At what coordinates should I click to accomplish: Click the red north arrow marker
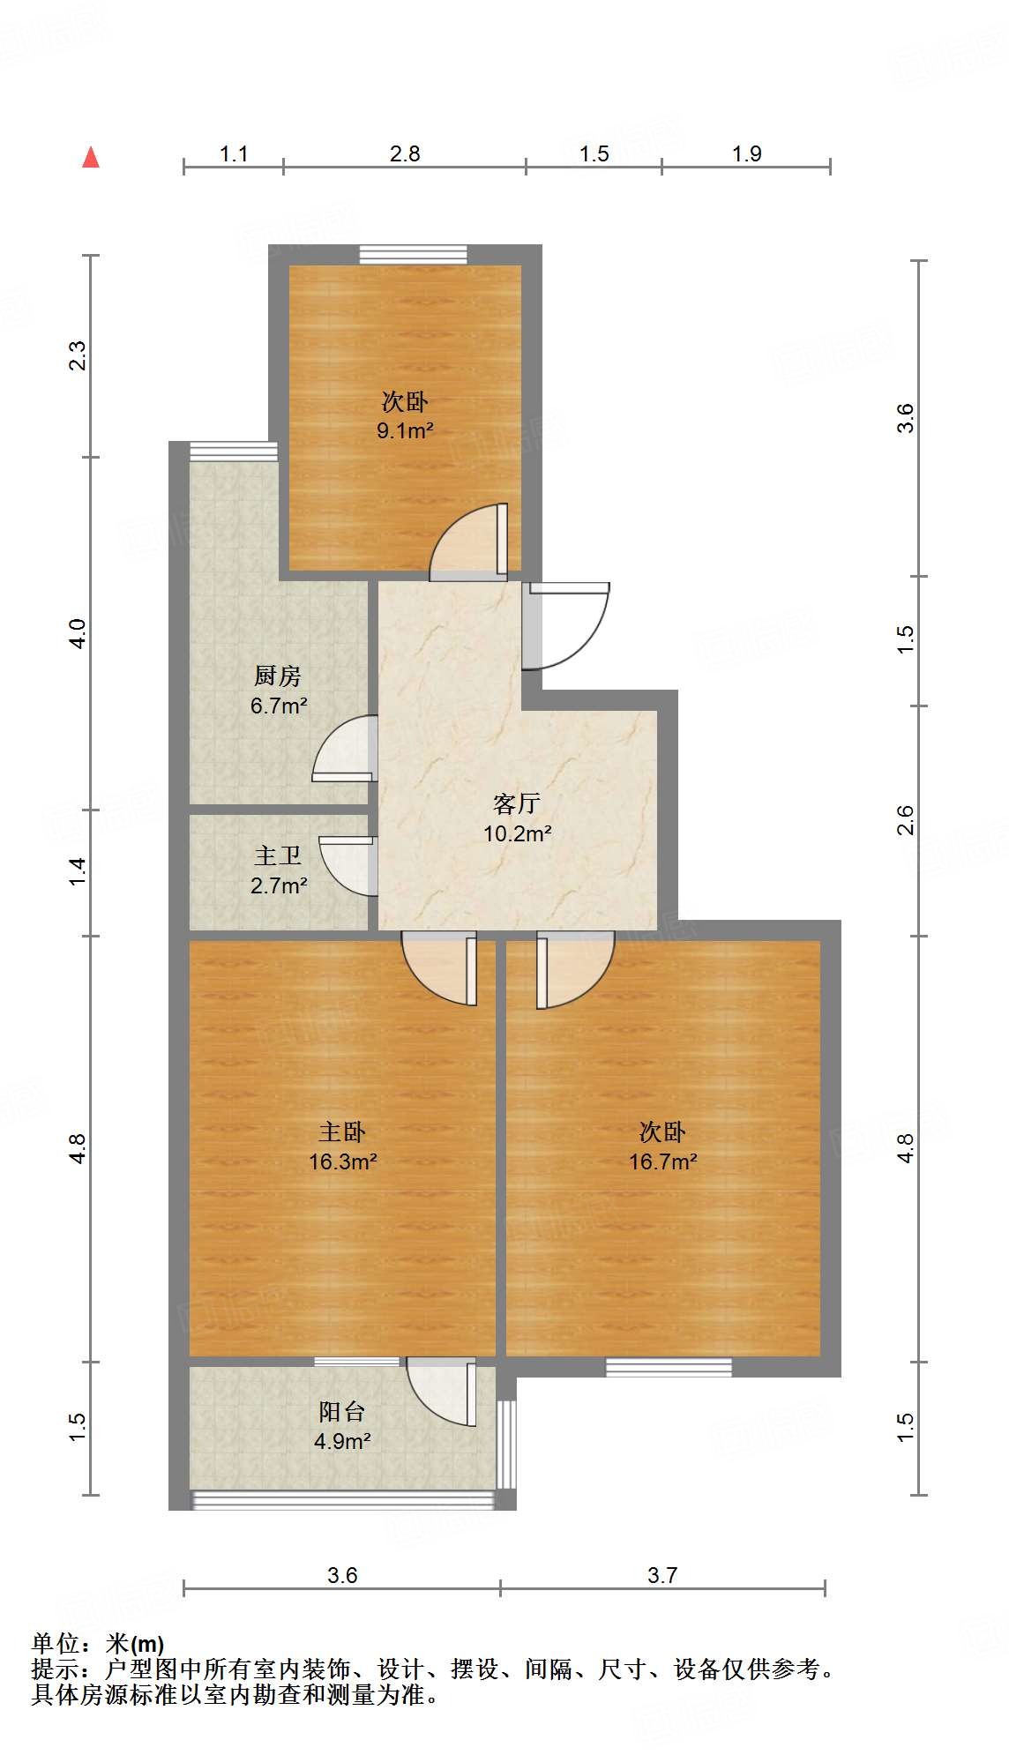91,157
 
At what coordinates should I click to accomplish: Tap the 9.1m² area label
405,431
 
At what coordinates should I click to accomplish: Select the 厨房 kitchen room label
278,676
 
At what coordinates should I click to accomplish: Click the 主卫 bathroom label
278,855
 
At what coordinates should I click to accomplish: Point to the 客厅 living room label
517,803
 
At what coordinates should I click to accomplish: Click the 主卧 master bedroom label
342,1131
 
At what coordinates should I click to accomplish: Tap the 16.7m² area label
662,1162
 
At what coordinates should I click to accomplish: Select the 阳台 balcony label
342,1412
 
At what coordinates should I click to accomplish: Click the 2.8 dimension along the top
405,154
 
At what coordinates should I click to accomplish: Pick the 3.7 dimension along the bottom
662,1575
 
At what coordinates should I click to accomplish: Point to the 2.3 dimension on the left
78,355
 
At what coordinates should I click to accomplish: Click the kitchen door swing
344,750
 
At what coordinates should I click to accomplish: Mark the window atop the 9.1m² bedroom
413,255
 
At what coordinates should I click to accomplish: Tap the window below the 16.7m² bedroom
669,1367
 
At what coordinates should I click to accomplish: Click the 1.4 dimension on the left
78,872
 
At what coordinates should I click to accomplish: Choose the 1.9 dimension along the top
746,154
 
